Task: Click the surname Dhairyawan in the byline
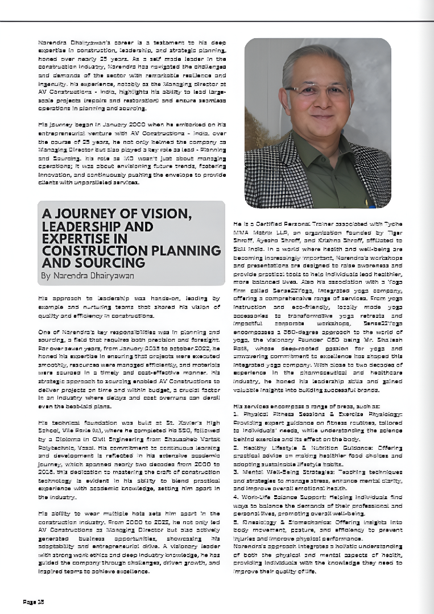coord(110,276)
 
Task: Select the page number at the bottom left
coord(33,601)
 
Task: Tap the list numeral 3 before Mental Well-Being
coord(235,472)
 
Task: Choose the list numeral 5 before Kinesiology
coord(235,521)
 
